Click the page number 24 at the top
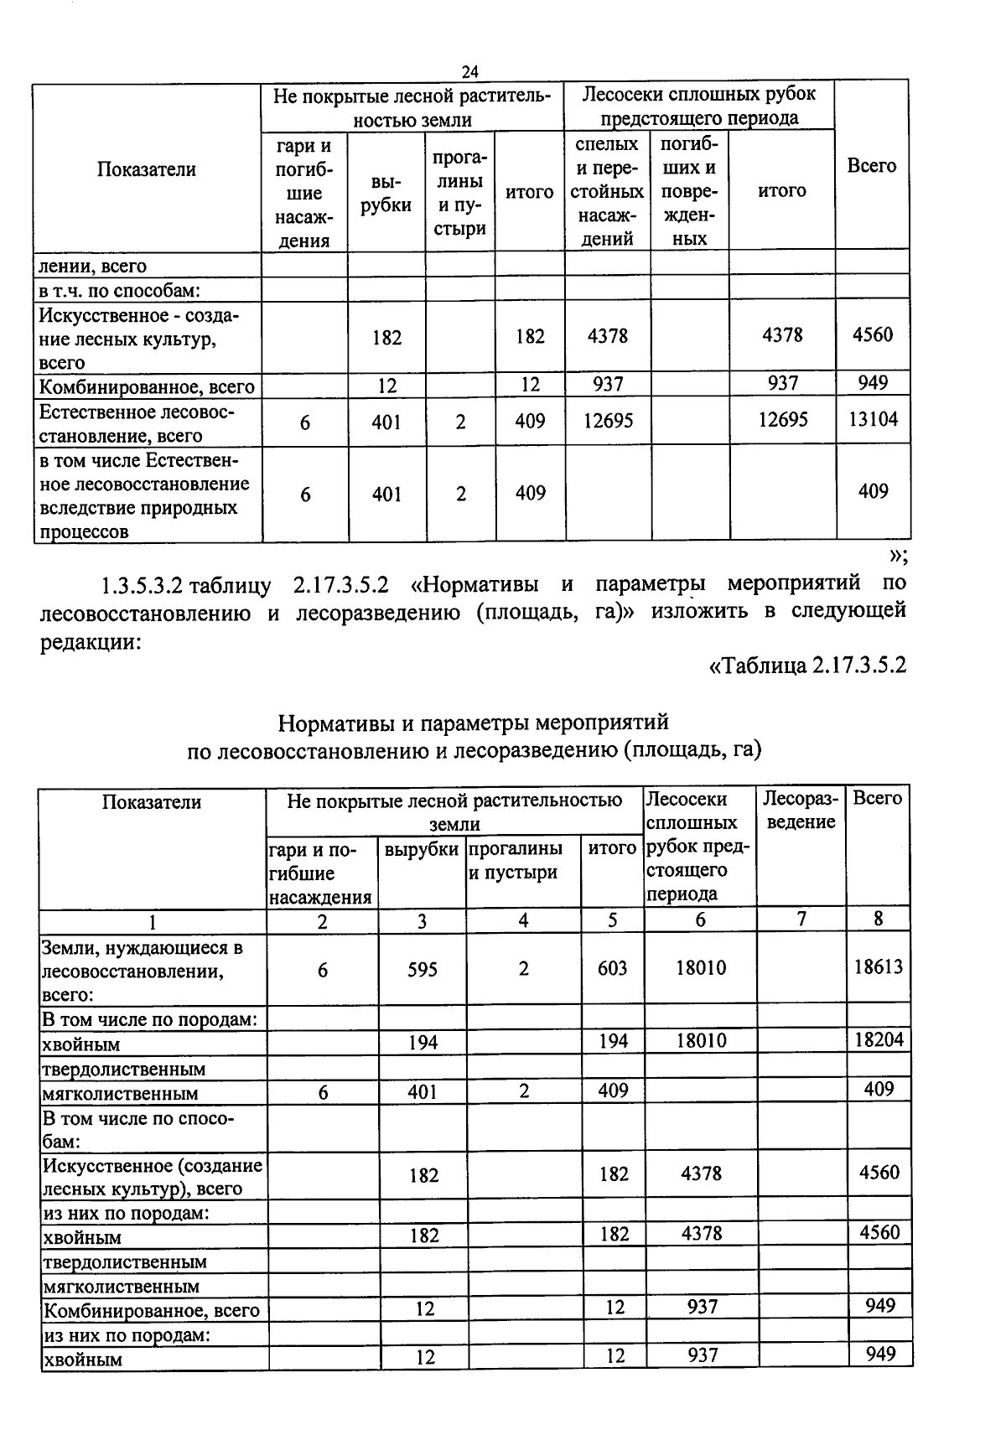469,70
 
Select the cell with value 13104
873,418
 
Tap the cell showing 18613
878,966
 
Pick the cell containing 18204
878,1039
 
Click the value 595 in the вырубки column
423,969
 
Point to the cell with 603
612,968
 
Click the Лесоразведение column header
801,810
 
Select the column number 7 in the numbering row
801,919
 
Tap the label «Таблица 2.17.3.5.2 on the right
808,666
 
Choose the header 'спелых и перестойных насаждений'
607,191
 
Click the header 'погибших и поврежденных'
689,191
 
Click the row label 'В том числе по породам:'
149,1019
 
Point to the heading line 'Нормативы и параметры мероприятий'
473,722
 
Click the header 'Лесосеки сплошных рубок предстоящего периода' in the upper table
698,105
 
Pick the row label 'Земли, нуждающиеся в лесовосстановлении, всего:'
143,971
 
